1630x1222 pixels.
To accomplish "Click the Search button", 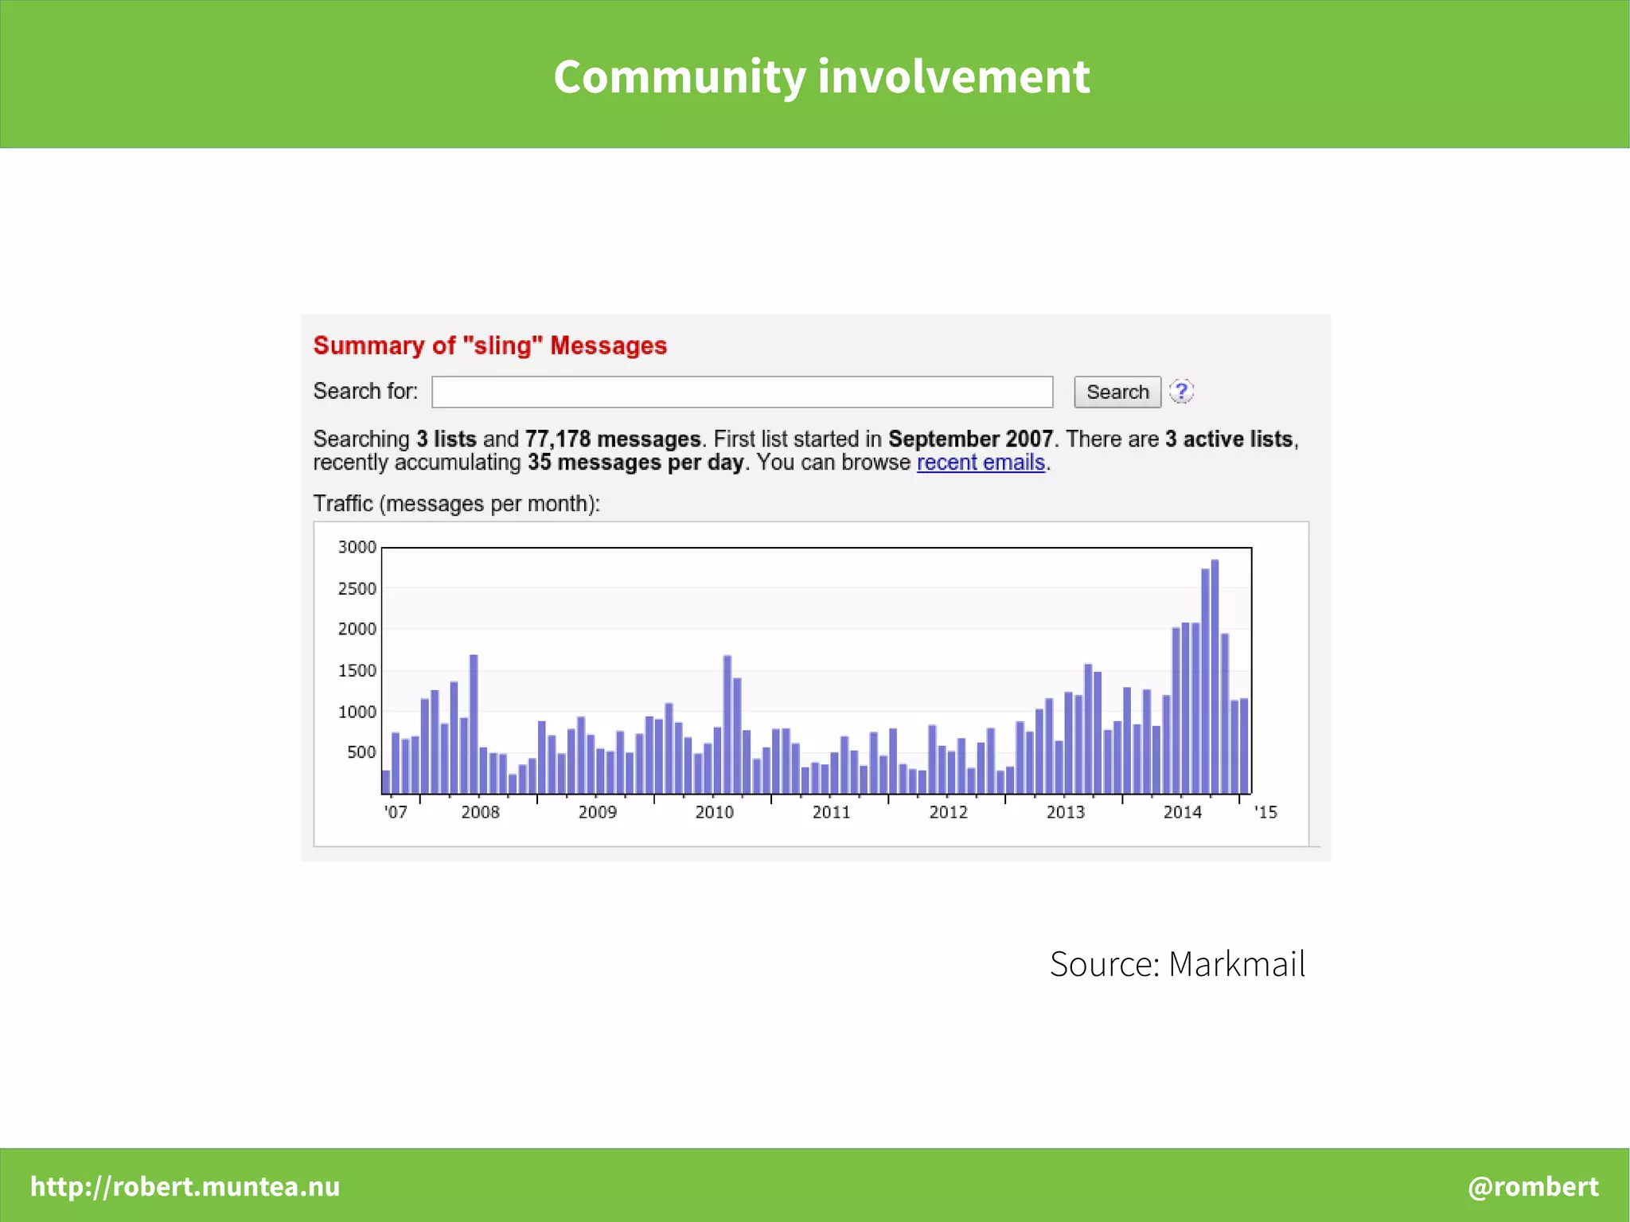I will tap(1117, 392).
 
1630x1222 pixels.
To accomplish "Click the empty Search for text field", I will tap(742, 392).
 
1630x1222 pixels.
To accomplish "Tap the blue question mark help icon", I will tap(1182, 391).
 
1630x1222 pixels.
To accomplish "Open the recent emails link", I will tap(981, 463).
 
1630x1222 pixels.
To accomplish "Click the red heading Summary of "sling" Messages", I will tap(489, 346).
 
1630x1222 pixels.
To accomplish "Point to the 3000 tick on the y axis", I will tap(357, 547).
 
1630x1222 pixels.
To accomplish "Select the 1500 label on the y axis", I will tap(357, 670).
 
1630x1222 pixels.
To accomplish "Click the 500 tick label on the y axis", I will tap(361, 752).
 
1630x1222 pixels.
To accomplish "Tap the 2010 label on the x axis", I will tap(714, 812).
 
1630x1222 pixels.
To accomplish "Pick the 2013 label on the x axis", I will tap(1065, 812).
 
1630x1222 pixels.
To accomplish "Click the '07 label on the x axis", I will tap(396, 812).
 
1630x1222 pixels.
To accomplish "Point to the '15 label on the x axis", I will tap(1265, 812).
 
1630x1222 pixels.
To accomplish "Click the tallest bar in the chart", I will tap(1215, 677).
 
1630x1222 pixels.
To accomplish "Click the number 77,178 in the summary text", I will tap(557, 439).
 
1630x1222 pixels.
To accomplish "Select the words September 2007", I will tap(970, 439).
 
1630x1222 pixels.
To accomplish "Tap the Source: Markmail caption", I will tap(1177, 964).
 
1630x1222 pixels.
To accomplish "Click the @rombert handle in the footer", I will tap(1533, 1186).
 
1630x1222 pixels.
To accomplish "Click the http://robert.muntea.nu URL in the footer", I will tap(185, 1186).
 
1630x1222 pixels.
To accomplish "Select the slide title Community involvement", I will tap(821, 76).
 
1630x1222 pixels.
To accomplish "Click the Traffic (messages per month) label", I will tap(456, 504).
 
